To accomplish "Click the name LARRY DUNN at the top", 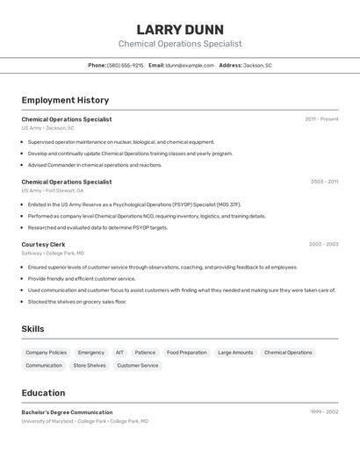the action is [x=180, y=29].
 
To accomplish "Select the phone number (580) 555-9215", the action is [x=125, y=65].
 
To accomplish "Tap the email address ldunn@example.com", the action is [x=190, y=65].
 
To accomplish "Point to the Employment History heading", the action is [x=65, y=100].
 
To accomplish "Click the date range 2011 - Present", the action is [x=321, y=119].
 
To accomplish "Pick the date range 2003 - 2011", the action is [x=324, y=182].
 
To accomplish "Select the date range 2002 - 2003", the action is [x=323, y=244].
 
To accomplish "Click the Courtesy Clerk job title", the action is [x=44, y=244].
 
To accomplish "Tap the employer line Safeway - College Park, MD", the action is [x=59, y=253].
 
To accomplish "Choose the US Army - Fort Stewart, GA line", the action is [x=53, y=190].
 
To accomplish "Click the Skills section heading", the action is [x=33, y=329].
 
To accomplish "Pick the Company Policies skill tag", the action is [x=46, y=353].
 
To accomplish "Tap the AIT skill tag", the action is [x=119, y=353].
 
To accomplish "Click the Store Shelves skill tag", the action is [x=90, y=366].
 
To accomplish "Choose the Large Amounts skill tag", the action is [x=235, y=353].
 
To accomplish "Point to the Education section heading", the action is [x=44, y=393].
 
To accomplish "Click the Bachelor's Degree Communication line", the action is [x=68, y=412].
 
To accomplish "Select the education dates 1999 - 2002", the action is [x=324, y=411].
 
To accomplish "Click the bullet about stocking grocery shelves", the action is [x=77, y=302].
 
